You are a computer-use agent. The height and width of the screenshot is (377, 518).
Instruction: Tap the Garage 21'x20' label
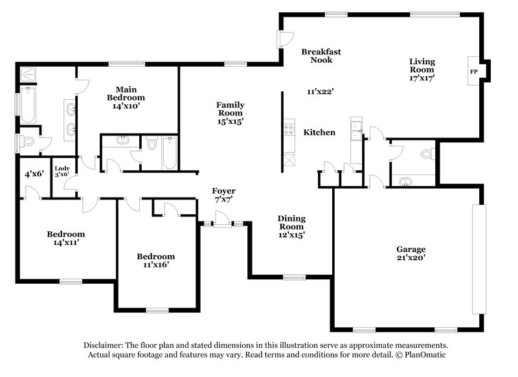click(x=411, y=253)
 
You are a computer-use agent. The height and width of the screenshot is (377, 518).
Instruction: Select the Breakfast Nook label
click(x=321, y=56)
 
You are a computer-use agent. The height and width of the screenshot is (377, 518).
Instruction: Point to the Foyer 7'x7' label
click(x=224, y=195)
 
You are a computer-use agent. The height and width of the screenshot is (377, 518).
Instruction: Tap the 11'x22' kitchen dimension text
click(x=320, y=92)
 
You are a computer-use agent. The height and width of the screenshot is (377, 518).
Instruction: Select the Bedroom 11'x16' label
click(x=155, y=260)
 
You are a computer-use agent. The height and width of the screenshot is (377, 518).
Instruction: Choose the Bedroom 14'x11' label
click(x=65, y=238)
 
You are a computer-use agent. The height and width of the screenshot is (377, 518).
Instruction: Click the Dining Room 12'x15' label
click(x=291, y=227)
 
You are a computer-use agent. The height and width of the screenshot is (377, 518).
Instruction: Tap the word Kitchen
click(x=320, y=132)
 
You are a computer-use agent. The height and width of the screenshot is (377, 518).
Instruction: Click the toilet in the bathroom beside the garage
click(x=426, y=155)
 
